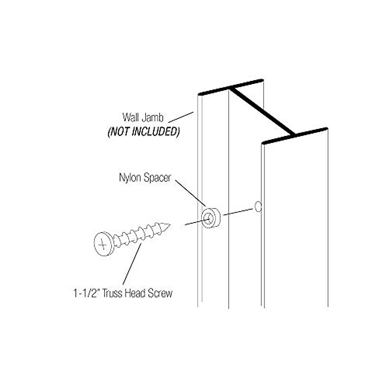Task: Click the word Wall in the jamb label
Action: [130, 117]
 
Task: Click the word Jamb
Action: [152, 117]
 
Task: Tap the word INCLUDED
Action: [157, 132]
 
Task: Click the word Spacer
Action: [156, 178]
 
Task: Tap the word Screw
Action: [160, 293]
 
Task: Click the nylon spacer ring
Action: [210, 218]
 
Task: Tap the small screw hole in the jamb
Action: [258, 207]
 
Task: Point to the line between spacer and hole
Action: [238, 212]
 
